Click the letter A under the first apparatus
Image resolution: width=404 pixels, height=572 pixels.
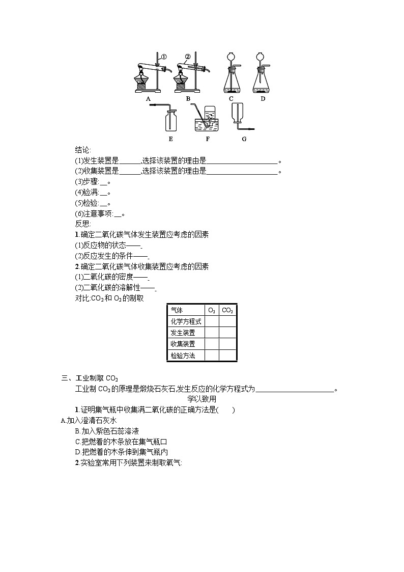(148, 99)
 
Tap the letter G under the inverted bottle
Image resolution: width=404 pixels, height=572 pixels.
(244, 139)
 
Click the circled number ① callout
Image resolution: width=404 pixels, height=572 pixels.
(164, 57)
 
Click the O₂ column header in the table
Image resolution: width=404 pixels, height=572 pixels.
(212, 310)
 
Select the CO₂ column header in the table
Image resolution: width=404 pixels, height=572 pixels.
(227, 310)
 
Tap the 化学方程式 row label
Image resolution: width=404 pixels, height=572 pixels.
(186, 321)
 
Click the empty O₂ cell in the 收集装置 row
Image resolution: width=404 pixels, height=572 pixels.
(212, 344)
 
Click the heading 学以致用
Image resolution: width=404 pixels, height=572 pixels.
(202, 399)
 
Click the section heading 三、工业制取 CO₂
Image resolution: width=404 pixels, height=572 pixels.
(90, 377)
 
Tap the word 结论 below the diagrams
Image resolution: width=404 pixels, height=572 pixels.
(82, 150)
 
